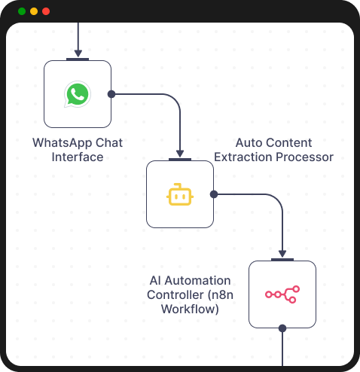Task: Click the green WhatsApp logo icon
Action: [78, 94]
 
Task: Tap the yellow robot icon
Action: [180, 194]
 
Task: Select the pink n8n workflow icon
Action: [282, 294]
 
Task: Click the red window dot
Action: [46, 11]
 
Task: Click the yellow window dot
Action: [34, 11]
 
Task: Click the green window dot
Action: [22, 11]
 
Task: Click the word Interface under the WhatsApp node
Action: [78, 157]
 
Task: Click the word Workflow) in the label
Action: [192, 308]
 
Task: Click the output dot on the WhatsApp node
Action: [111, 94]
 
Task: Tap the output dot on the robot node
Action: [214, 194]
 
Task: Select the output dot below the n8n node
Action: [282, 328]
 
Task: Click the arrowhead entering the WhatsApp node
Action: [78, 53]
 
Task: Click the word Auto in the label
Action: [249, 142]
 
